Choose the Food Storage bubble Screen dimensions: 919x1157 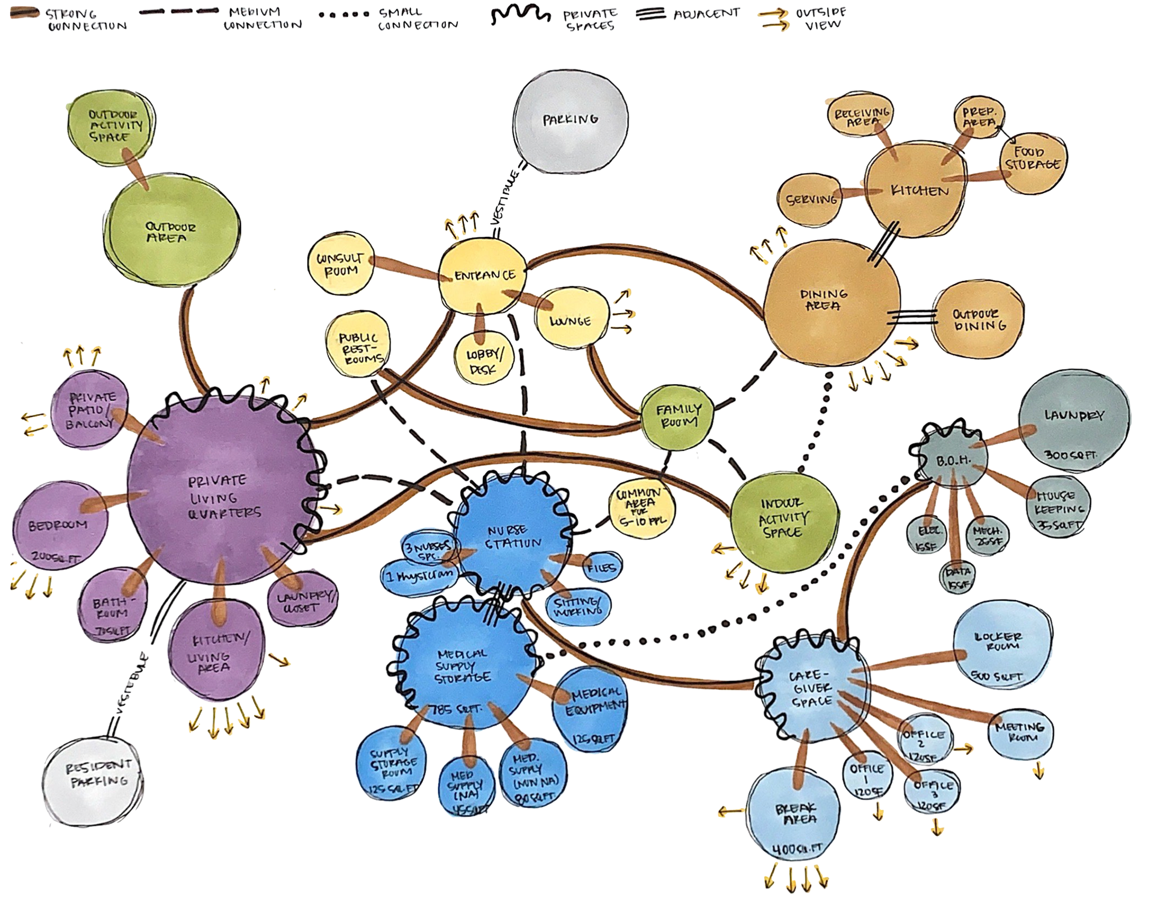tap(1032, 159)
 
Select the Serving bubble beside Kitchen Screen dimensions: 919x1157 tap(811, 198)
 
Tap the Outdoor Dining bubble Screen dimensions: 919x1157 tap(977, 320)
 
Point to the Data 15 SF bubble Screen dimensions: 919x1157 tap(956, 576)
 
